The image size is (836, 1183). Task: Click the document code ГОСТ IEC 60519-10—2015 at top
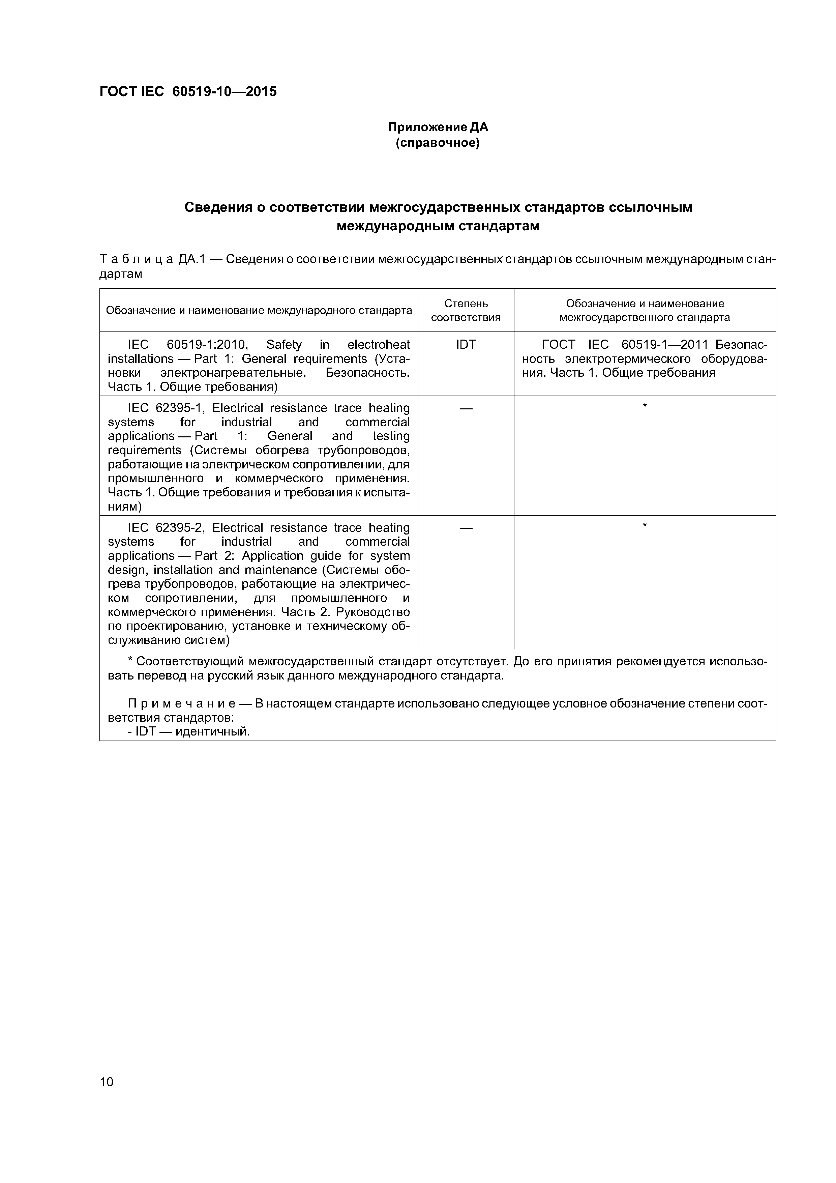(188, 92)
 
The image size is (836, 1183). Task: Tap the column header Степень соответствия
(466, 310)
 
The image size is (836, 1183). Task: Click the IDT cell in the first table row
(466, 344)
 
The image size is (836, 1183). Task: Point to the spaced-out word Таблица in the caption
(136, 259)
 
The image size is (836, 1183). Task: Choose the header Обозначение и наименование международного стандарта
(259, 310)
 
